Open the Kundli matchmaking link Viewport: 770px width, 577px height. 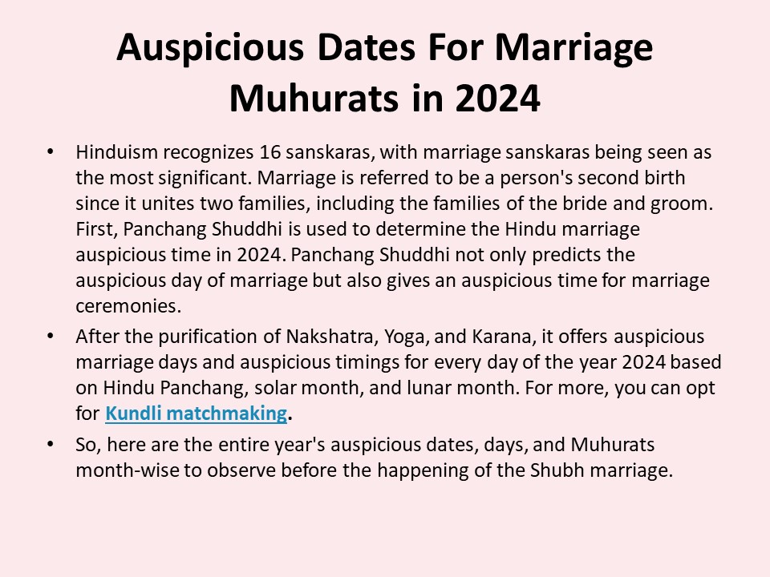[196, 414]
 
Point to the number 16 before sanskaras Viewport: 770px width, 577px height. [270, 151]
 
